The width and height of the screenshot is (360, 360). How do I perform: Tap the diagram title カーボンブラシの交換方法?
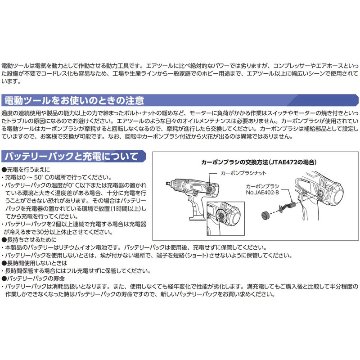pos(234,161)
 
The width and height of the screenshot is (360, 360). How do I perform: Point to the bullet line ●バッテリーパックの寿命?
pos(31,279)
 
